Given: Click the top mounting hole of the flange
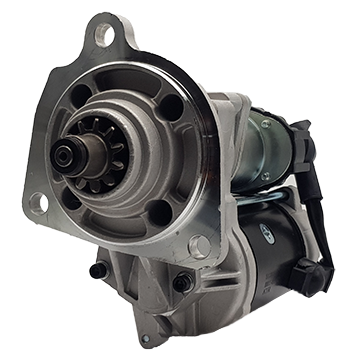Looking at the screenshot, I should (x=104, y=38).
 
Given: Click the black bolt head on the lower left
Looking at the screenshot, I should (x=97, y=271).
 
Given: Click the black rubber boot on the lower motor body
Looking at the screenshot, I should (x=305, y=273).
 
